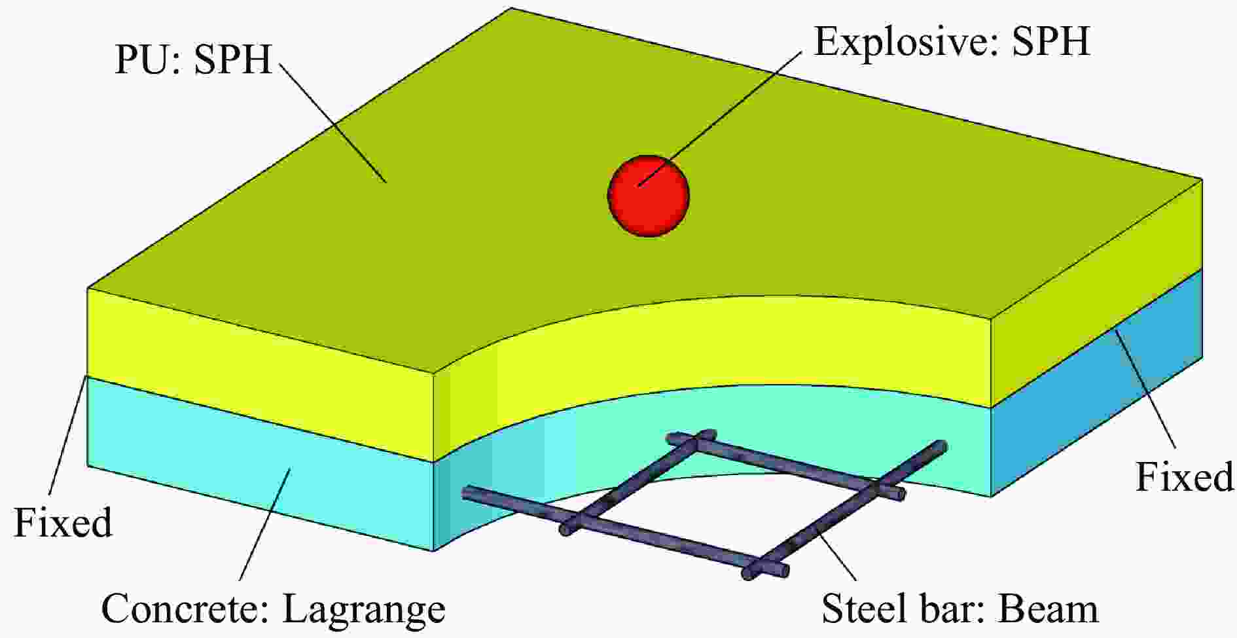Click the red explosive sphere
(x=649, y=196)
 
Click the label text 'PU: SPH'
(x=193, y=60)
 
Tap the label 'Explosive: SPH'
(x=952, y=41)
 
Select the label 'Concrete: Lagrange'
(x=273, y=609)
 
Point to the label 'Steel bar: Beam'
(x=959, y=609)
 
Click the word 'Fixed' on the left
(x=63, y=523)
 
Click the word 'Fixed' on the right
(x=1184, y=476)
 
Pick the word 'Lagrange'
(x=364, y=611)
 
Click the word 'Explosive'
(x=902, y=41)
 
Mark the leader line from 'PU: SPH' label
(x=332, y=122)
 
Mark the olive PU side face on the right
(x=1097, y=292)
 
